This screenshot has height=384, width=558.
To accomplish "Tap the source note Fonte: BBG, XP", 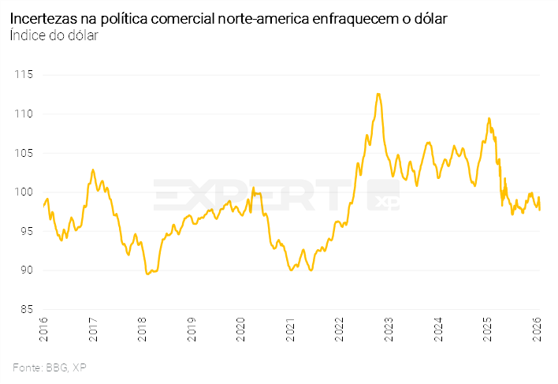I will [x=50, y=367].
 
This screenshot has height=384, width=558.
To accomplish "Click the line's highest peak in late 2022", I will [x=378, y=94].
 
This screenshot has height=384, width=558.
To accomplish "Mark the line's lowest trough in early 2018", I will [x=147, y=274].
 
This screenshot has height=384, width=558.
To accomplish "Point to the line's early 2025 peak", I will [x=489, y=118].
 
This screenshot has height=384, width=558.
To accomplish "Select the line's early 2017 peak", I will [x=93, y=170].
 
